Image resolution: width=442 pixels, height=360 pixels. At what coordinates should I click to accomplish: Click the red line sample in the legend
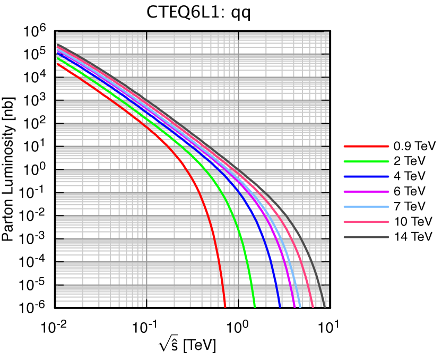point(366,146)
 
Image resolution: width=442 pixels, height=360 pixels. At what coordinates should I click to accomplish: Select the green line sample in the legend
point(366,161)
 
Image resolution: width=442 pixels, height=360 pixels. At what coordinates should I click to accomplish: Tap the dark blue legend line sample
point(366,176)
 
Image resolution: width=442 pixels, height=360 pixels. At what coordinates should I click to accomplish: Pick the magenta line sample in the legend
point(366,192)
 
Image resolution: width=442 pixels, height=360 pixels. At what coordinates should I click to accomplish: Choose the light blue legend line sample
point(366,207)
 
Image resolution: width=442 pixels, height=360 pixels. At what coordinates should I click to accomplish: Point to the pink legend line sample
point(366,222)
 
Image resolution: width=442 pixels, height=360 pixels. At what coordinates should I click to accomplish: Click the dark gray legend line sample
point(366,237)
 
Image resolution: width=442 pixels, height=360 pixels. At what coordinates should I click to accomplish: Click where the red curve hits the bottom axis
point(225,306)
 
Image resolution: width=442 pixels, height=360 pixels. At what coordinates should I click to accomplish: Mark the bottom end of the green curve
point(255,306)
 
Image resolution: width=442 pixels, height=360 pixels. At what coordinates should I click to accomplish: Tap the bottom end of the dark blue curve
point(280,306)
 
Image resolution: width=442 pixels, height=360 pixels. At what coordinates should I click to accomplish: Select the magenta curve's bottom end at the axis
point(294,306)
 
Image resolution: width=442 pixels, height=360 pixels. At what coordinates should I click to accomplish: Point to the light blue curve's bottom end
point(300,306)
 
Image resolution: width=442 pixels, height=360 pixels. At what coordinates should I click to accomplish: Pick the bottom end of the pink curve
point(313,306)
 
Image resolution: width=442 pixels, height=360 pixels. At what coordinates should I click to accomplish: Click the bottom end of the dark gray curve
point(325,306)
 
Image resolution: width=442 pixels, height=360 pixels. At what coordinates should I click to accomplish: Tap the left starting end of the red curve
point(57,64)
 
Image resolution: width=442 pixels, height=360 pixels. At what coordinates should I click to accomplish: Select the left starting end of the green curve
point(57,57)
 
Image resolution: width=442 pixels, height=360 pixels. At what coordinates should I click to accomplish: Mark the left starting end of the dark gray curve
point(57,45)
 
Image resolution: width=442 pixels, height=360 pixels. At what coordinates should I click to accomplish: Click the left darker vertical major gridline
point(146,212)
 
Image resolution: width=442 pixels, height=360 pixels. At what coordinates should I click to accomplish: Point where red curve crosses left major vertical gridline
point(146,127)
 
